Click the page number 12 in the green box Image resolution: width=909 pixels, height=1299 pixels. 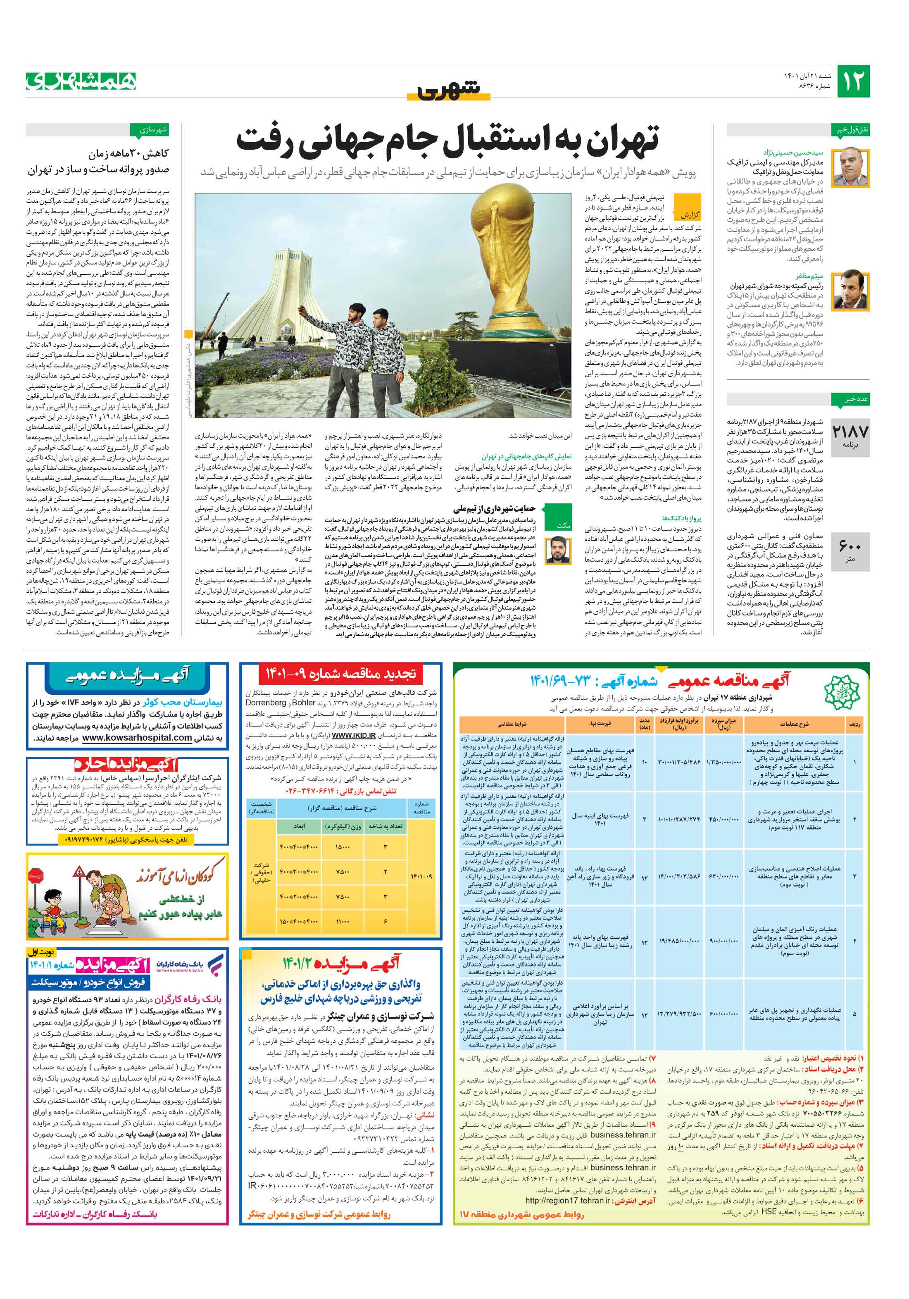click(x=852, y=81)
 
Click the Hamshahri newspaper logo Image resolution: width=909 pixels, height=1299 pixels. click(x=81, y=81)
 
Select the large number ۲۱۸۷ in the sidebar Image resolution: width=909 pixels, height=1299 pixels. click(x=850, y=431)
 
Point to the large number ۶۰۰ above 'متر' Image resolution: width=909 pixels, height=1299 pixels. click(x=850, y=546)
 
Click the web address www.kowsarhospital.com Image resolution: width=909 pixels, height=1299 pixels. click(x=137, y=738)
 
